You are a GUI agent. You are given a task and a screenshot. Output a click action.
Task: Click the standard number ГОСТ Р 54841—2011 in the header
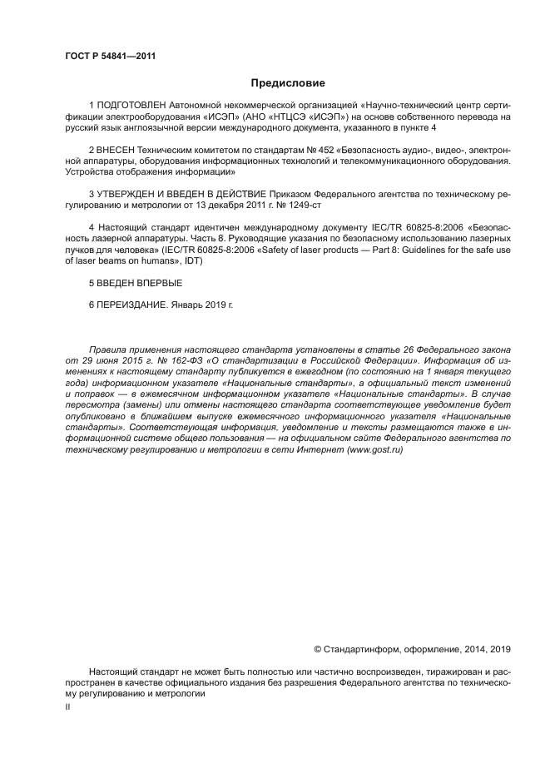tap(111, 57)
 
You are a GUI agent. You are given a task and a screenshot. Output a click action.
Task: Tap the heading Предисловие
tap(288, 83)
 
